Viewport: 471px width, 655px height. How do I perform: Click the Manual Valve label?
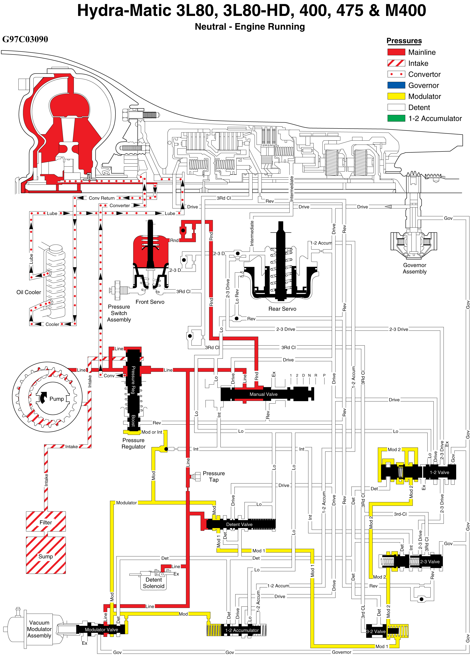click(x=263, y=394)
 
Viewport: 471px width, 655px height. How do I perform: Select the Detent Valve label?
click(x=239, y=525)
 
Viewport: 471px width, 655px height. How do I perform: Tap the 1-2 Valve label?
click(x=439, y=473)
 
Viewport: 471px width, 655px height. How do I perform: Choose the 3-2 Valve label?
click(x=376, y=632)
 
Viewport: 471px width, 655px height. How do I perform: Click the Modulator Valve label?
click(x=101, y=630)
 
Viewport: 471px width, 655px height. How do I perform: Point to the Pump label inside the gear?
click(x=57, y=399)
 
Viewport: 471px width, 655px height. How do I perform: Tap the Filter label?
click(x=46, y=523)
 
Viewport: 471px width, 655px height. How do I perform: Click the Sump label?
click(x=46, y=557)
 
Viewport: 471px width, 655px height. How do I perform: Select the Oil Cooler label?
click(x=29, y=292)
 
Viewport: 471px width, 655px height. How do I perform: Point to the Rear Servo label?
click(x=282, y=309)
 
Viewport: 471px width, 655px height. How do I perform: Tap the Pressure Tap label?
click(x=214, y=477)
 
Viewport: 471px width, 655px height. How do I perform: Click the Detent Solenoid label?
click(x=154, y=583)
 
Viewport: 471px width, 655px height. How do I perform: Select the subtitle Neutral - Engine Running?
click(x=250, y=27)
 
